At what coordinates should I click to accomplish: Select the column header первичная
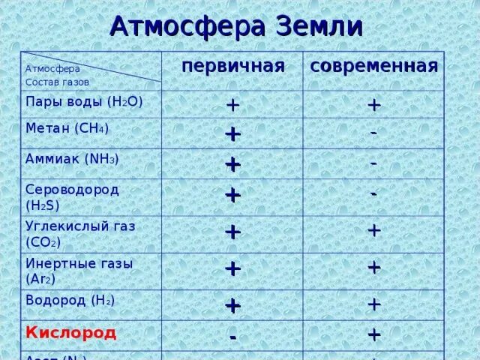point(232,66)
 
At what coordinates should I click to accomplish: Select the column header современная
point(373,66)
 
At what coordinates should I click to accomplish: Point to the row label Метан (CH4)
point(67,128)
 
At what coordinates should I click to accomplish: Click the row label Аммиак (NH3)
point(72,159)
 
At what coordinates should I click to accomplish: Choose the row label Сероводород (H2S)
point(72,196)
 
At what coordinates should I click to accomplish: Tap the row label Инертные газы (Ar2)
point(79,270)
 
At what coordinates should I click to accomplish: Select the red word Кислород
point(71,331)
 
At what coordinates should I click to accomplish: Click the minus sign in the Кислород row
point(233,337)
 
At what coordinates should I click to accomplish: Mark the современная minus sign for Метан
point(373,131)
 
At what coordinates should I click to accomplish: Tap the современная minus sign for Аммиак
point(373,162)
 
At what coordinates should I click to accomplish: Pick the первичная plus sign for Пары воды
point(232,105)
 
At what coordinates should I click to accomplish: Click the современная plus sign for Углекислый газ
point(374,230)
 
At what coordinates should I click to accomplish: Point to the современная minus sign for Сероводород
point(373,193)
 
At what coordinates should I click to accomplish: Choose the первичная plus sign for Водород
point(232,305)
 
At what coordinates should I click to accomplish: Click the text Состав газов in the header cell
point(57,82)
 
